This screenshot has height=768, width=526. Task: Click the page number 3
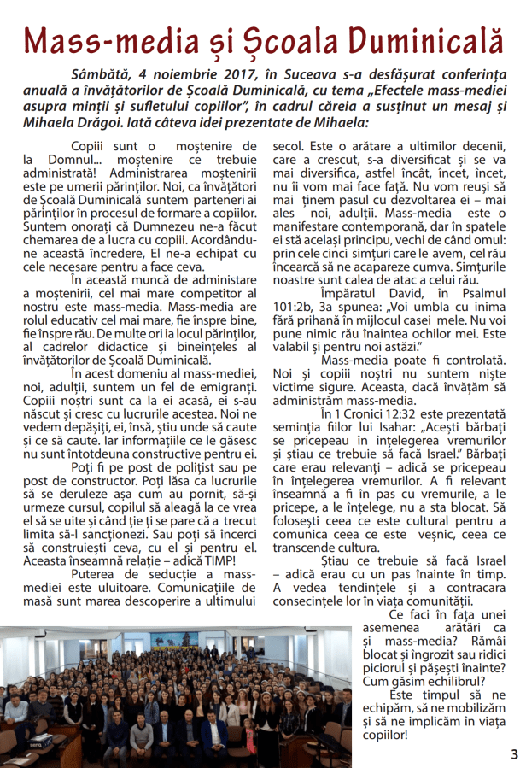[x=514, y=753]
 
